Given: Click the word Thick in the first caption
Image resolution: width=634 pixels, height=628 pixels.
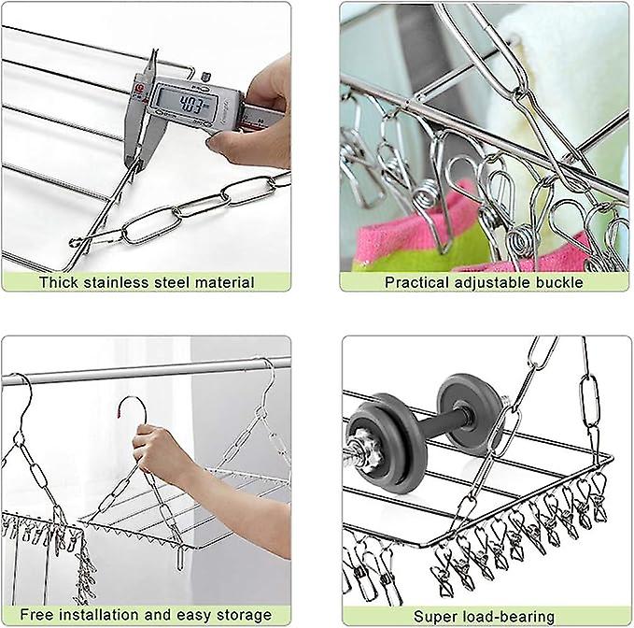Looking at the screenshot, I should [59, 281].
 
